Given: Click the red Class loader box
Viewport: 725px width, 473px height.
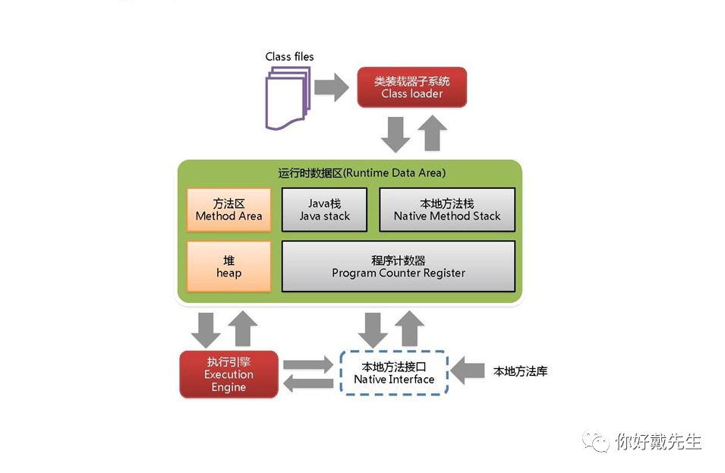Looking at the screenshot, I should click(411, 87).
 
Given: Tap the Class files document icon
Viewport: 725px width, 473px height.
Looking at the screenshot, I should click(287, 96).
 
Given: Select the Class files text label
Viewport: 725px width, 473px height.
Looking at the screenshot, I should click(289, 56).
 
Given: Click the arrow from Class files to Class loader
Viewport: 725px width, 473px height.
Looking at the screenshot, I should click(331, 87).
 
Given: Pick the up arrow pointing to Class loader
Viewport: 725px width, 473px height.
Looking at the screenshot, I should click(432, 134).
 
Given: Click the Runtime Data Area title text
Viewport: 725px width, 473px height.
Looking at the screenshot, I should click(362, 173).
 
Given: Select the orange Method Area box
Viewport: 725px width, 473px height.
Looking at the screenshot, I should click(229, 210).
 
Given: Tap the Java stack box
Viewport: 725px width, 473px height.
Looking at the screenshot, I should click(324, 210).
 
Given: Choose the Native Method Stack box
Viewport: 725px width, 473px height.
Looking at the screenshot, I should click(446, 210).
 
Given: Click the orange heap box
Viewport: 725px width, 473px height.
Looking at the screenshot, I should click(229, 266).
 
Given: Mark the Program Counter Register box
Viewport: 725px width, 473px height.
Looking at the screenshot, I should click(398, 266).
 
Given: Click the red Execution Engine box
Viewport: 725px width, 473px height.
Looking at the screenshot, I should click(229, 374).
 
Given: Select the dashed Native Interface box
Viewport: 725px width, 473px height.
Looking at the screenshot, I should click(394, 372).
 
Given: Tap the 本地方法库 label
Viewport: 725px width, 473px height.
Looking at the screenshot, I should click(520, 371).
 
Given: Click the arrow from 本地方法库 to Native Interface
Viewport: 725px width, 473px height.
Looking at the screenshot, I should click(468, 371).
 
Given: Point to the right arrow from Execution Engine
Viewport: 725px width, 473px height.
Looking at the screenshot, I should click(308, 364).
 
